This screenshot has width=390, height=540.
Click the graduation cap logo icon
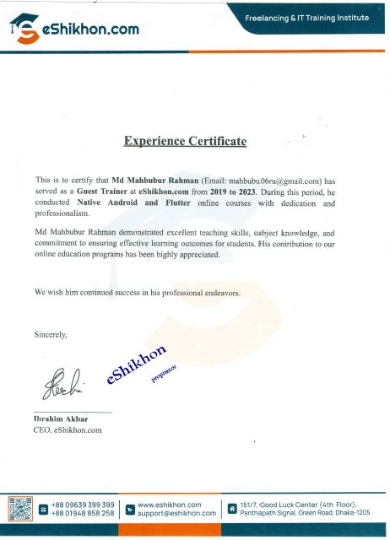pyautogui.click(x=25, y=28)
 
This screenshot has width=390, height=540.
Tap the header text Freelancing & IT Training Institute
pyautogui.click(x=307, y=18)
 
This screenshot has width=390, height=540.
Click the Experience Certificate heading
pyautogui.click(x=185, y=141)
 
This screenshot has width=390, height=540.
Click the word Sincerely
pyautogui.click(x=50, y=335)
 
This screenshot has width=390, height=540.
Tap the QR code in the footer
pyautogui.click(x=19, y=508)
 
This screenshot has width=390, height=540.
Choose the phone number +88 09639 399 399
pyautogui.click(x=83, y=504)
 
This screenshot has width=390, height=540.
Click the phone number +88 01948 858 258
pyautogui.click(x=83, y=513)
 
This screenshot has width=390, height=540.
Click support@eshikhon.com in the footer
pyautogui.click(x=176, y=513)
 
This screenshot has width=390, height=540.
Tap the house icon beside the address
pyautogui.click(x=230, y=509)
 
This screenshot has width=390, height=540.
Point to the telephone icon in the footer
pyautogui.click(x=42, y=509)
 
